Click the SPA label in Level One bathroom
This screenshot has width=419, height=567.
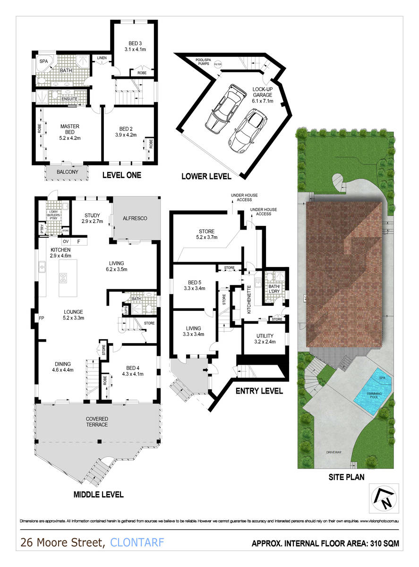point(43,61)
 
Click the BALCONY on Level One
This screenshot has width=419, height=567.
point(67,172)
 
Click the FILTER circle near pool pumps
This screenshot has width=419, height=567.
point(218,64)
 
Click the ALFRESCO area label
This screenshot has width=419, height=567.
point(136,218)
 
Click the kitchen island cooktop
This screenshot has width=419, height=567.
point(63,277)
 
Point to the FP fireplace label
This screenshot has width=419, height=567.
point(41,318)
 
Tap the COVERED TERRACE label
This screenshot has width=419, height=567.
point(97,421)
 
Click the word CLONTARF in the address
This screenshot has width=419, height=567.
point(137,543)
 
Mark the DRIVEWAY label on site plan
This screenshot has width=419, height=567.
point(333,452)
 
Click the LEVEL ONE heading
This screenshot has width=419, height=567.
point(121,175)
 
